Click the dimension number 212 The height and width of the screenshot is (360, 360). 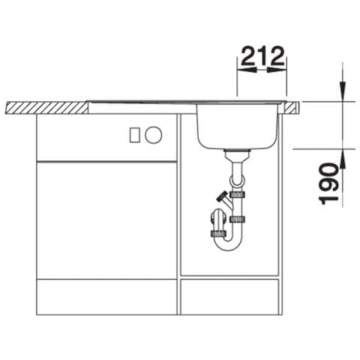coord(263,56)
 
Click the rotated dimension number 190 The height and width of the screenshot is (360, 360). coord(329,184)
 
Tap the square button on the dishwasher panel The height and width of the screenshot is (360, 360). coord(135,135)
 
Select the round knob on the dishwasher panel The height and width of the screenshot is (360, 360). coord(154,135)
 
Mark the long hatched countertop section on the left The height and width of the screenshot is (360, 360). coord(46,108)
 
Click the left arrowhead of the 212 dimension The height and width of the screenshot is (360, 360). coord(247,70)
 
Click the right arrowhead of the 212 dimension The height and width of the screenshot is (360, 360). coord(277,70)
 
